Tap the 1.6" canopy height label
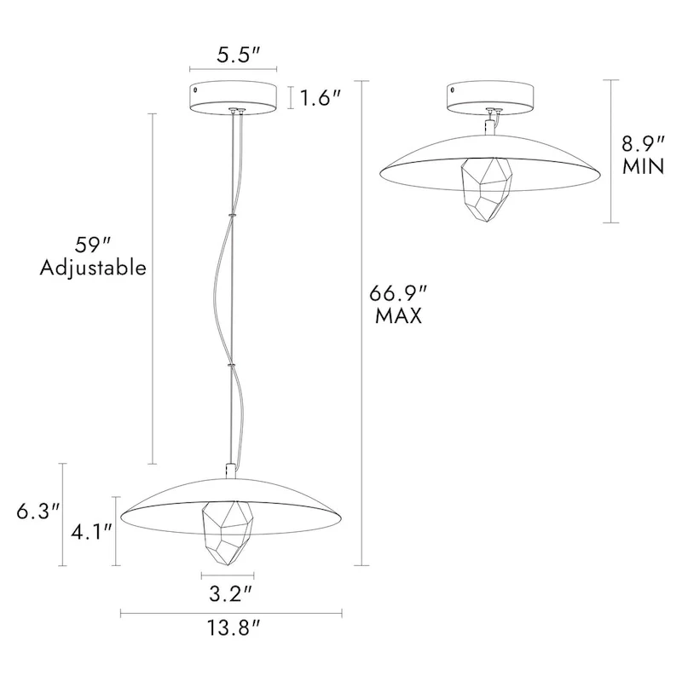(321, 98)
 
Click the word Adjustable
(93, 268)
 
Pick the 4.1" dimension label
(89, 533)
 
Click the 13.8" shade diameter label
(230, 631)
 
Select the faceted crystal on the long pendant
(227, 531)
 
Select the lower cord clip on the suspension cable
(230, 365)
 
